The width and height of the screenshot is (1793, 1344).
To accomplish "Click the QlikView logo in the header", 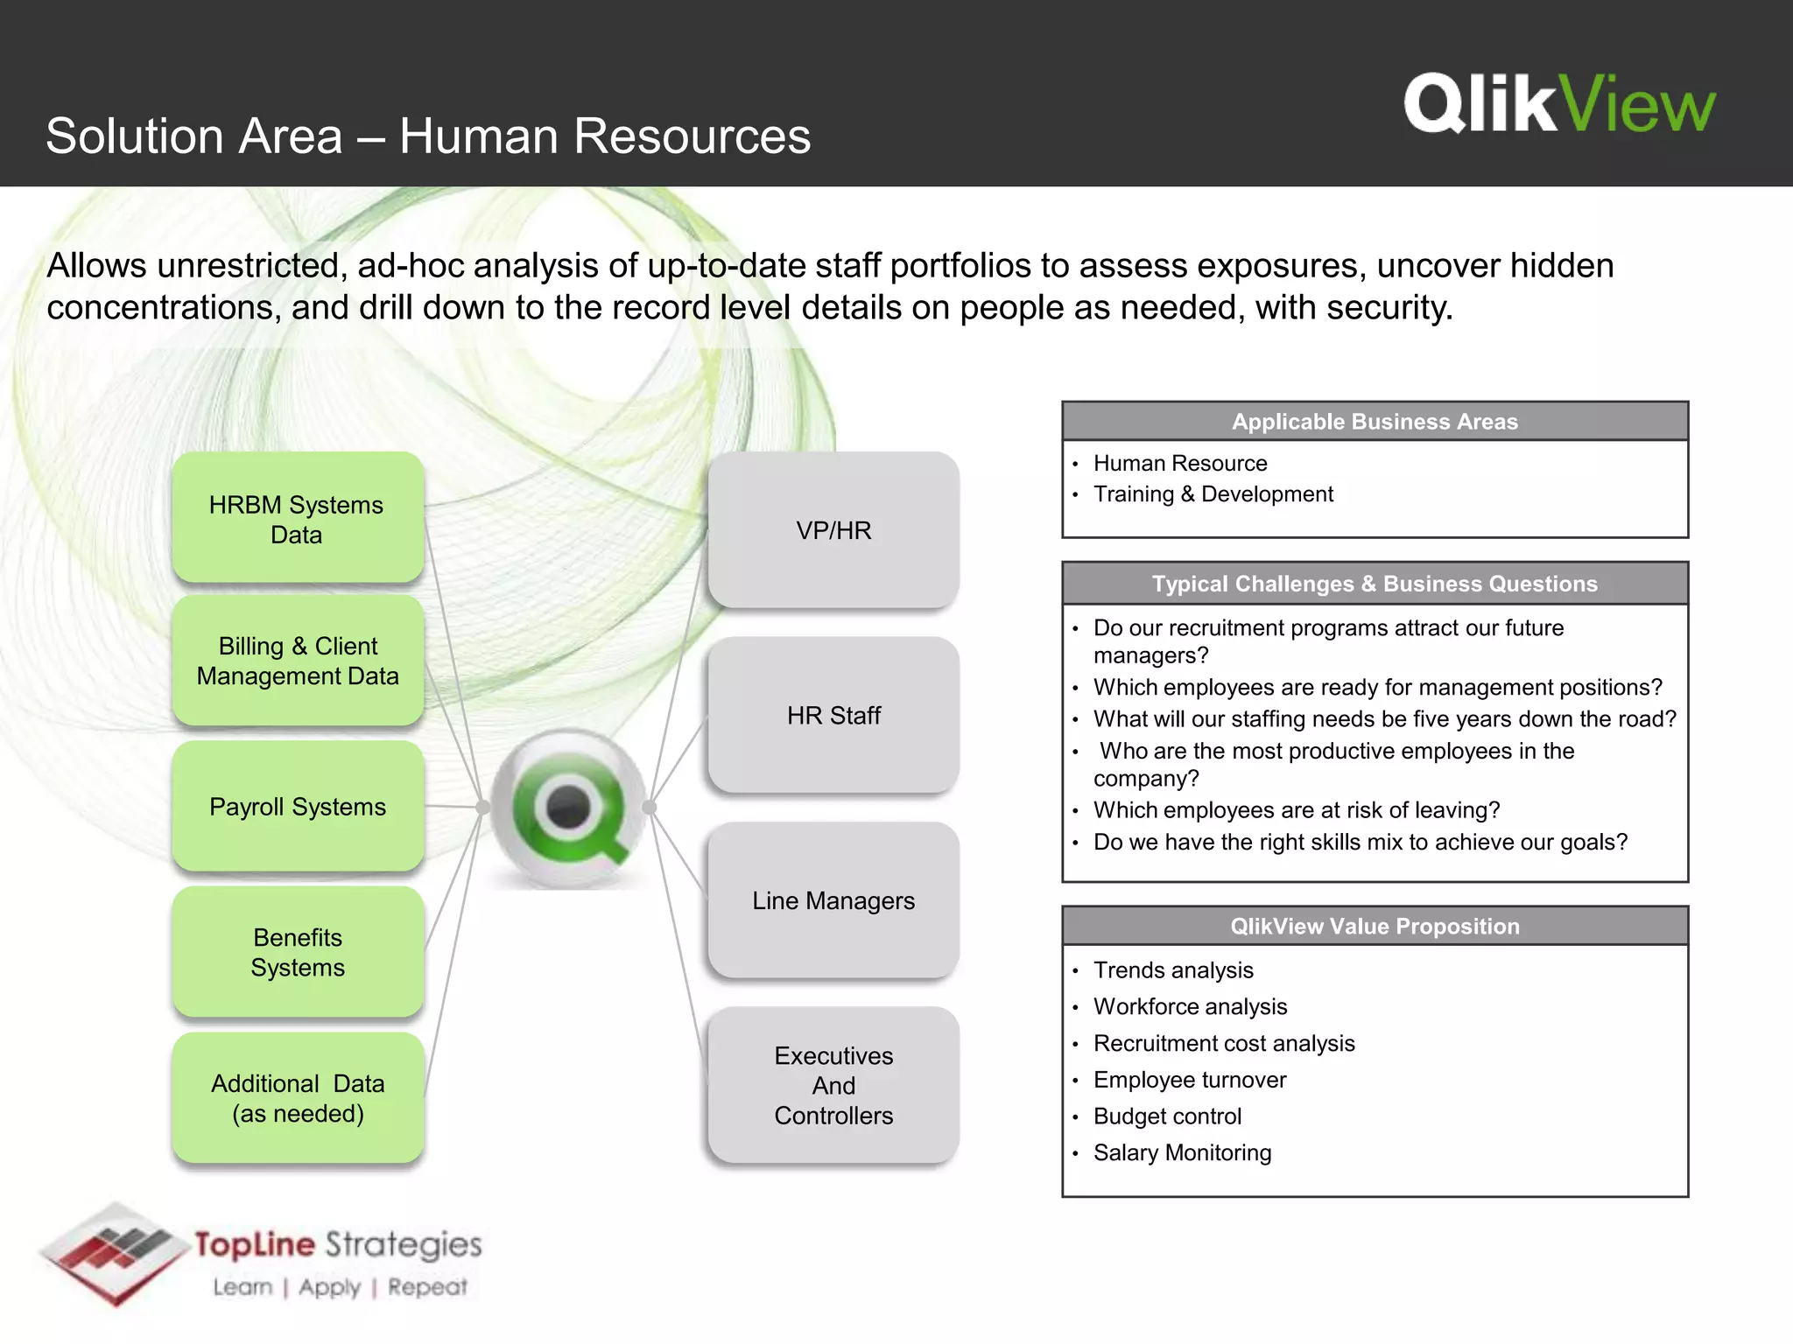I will tap(1559, 104).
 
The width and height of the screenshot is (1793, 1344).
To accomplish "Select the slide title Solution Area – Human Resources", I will tap(428, 136).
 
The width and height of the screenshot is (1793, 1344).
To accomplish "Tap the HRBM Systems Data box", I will tap(298, 519).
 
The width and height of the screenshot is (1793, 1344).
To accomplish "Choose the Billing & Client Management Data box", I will tap(298, 661).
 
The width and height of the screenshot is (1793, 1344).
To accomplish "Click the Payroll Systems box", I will tap(298, 806).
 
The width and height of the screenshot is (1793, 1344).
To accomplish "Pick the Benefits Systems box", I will tap(298, 952).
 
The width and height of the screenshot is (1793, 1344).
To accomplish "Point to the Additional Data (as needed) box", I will tap(298, 1098).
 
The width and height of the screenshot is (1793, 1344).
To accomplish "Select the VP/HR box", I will tap(833, 530).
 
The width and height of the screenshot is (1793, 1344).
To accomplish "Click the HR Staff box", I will tap(833, 715).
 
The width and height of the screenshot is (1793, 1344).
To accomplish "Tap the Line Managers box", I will tap(833, 900).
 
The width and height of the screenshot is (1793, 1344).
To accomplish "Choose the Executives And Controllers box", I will tap(833, 1085).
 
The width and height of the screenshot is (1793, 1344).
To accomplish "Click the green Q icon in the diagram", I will tap(569, 807).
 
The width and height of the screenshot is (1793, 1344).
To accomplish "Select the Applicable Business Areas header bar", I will tap(1375, 422).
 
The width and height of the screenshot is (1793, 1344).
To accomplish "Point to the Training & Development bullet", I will tap(1213, 494).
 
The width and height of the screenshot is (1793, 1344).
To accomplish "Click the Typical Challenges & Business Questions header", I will tap(1375, 584).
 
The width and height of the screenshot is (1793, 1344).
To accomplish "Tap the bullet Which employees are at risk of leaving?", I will tap(1296, 810).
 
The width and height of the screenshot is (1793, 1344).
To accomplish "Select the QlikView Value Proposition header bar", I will tap(1375, 926).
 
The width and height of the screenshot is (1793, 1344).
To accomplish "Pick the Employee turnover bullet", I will tap(1190, 1080).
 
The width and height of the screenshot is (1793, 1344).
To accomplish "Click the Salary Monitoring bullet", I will tap(1182, 1152).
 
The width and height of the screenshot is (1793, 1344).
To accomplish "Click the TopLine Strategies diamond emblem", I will tap(114, 1253).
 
